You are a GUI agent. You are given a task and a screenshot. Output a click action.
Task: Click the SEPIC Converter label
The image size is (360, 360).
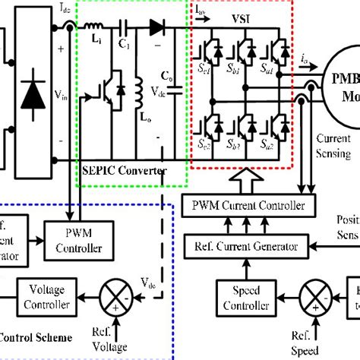tap(122, 172)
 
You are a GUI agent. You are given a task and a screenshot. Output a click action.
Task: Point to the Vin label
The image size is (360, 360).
tap(62, 96)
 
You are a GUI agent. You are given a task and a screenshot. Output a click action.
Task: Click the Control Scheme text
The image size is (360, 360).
tap(35, 337)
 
